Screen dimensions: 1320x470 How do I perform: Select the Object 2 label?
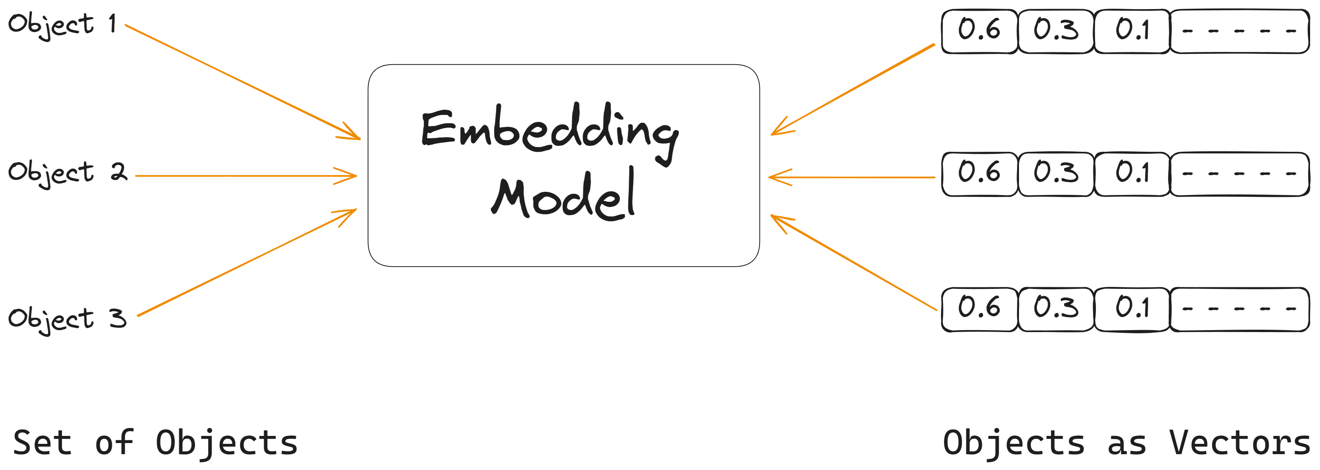[x=67, y=173]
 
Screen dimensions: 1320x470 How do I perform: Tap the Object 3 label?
[x=67, y=319]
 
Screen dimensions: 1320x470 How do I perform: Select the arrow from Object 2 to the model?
[x=246, y=176]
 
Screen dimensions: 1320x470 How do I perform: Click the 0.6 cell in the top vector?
[x=979, y=31]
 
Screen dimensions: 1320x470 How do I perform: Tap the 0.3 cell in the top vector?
[x=1055, y=31]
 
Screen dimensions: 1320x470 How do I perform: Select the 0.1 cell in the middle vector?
[x=1132, y=174]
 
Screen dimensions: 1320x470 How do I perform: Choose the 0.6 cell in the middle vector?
[x=979, y=174]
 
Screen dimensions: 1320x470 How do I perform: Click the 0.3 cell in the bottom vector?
[x=1055, y=309]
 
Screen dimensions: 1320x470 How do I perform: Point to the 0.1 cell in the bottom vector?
[x=1132, y=309]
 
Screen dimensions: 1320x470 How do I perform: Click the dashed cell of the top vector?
[x=1239, y=31]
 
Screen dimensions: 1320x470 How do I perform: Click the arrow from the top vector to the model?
[x=853, y=90]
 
